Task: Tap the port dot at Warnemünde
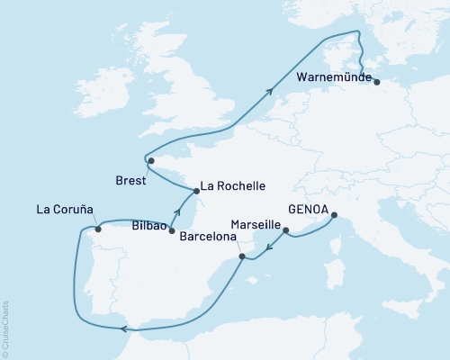click(376, 82)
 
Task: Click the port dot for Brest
click(151, 161)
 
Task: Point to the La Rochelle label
click(232, 187)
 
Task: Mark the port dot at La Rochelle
click(195, 191)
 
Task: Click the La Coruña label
click(65, 210)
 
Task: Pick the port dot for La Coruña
click(98, 229)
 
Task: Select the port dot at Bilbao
click(171, 231)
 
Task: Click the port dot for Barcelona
click(241, 257)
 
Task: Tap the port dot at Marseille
click(286, 231)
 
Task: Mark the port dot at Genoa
click(334, 215)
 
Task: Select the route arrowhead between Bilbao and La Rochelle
click(178, 213)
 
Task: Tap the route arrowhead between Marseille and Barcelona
click(267, 246)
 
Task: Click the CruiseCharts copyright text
click(5, 329)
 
